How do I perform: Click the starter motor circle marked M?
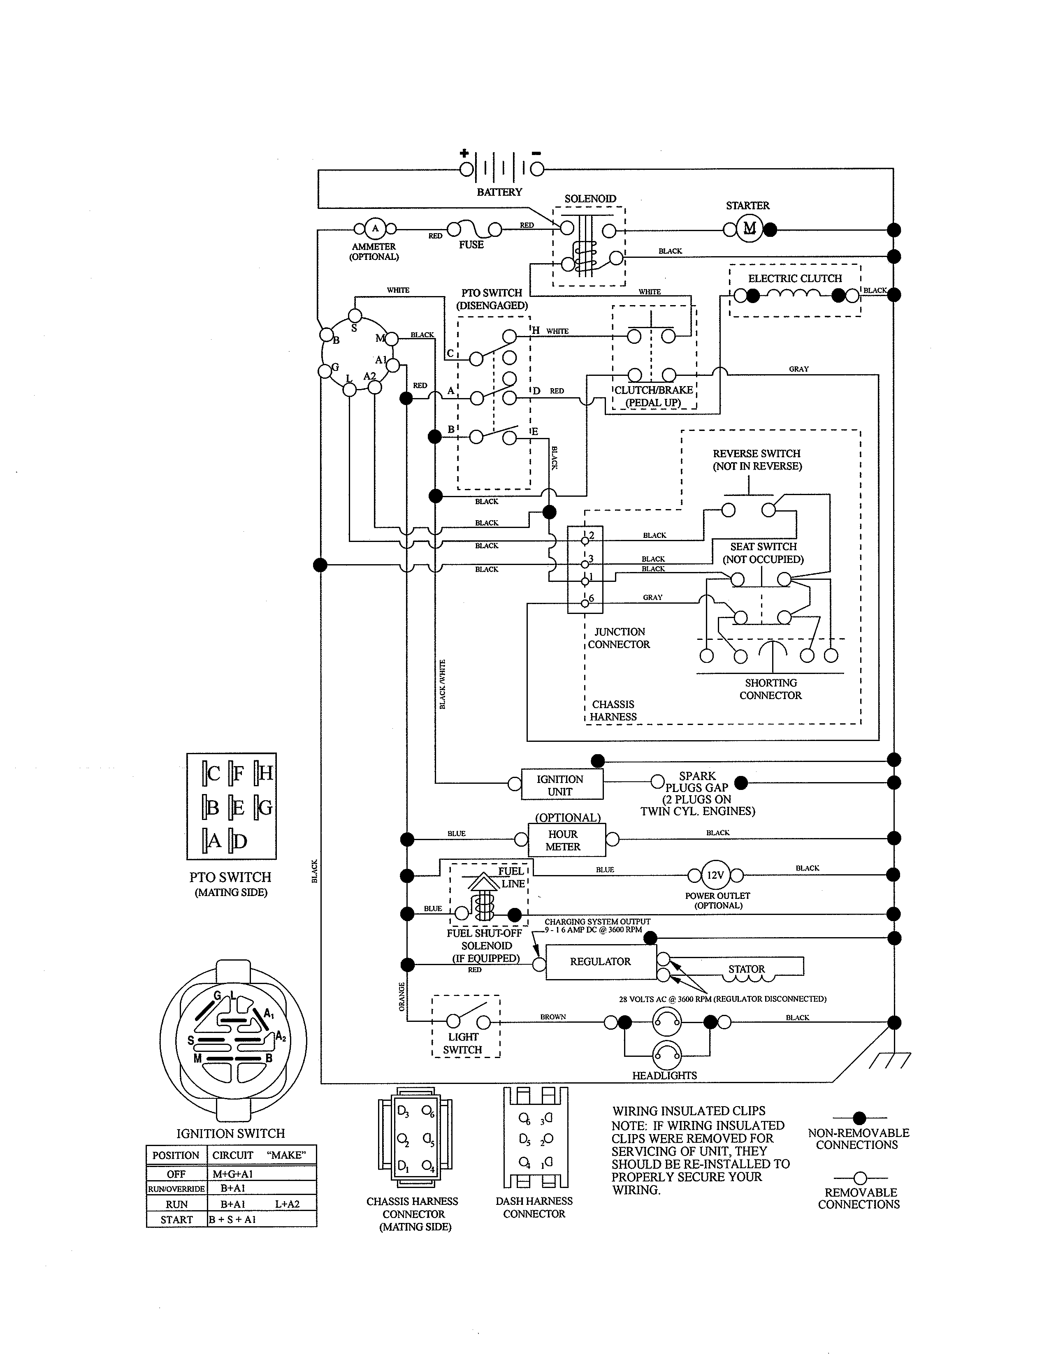[x=750, y=228]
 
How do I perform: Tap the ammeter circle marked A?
[x=375, y=228]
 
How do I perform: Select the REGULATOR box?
[x=600, y=961]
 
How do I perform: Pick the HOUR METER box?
[x=563, y=840]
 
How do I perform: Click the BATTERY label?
[x=499, y=192]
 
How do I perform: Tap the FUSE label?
[x=471, y=245]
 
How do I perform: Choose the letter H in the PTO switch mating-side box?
[x=265, y=773]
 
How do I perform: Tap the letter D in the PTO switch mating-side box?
[x=240, y=841]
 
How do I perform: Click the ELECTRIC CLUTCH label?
[x=795, y=278]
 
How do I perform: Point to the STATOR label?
[x=746, y=969]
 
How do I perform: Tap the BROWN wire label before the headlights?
[x=552, y=1017]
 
